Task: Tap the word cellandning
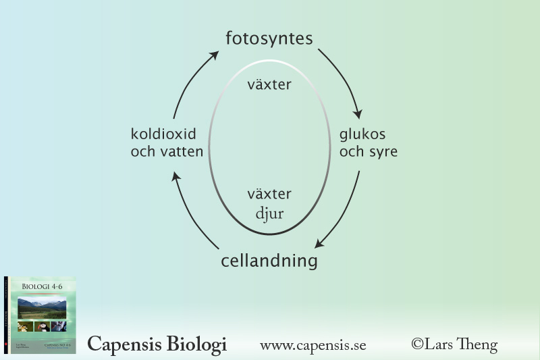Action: tap(269, 261)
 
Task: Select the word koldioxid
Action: tap(163, 134)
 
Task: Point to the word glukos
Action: tap(362, 134)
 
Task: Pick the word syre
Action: tap(382, 152)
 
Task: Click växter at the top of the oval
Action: tap(269, 85)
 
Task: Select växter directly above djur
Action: tap(269, 195)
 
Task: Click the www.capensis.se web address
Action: tap(313, 346)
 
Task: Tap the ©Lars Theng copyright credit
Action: tap(454, 345)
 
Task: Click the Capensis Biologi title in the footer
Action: tap(157, 344)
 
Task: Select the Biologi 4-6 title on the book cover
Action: tap(42, 286)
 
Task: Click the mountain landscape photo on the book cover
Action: tap(42, 308)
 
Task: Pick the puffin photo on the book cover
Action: tap(42, 326)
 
